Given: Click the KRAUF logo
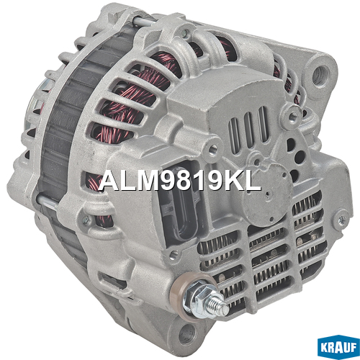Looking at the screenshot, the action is pyautogui.click(x=338, y=347).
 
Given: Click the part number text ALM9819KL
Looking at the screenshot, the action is pyautogui.click(x=179, y=181).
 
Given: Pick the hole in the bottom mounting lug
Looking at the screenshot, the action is pyautogui.click(x=186, y=334).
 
